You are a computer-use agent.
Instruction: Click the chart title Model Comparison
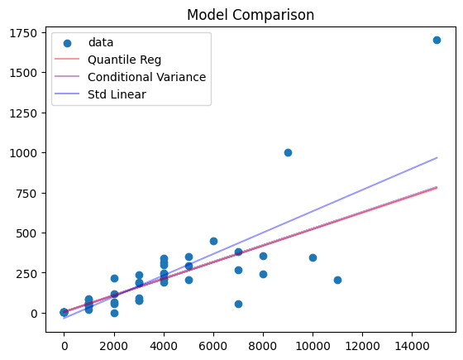click(x=250, y=15)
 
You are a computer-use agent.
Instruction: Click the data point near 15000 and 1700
click(x=437, y=40)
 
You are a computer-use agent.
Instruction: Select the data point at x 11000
click(x=337, y=280)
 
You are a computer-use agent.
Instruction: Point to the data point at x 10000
click(x=313, y=257)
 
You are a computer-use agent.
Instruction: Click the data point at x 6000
click(x=213, y=241)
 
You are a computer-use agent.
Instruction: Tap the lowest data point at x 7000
click(x=238, y=304)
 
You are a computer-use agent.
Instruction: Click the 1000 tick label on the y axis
click(x=31, y=153)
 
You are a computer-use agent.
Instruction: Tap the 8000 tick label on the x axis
click(x=263, y=343)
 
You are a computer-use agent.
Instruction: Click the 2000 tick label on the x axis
click(x=114, y=343)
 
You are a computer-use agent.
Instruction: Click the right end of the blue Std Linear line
click(x=437, y=157)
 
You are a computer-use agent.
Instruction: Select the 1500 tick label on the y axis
click(x=31, y=73)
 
